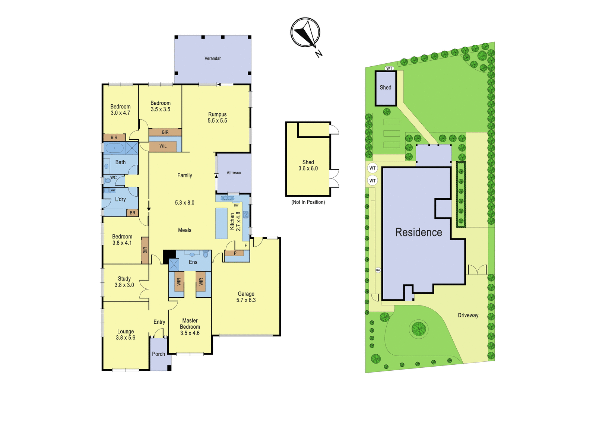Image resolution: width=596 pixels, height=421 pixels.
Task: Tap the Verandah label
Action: click(x=213, y=58)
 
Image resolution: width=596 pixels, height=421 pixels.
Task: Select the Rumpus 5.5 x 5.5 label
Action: click(x=218, y=117)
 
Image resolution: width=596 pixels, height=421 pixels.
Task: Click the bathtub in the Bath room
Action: click(x=114, y=148)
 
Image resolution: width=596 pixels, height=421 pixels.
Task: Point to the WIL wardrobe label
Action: click(x=163, y=146)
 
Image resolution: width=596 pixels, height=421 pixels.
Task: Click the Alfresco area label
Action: click(x=234, y=173)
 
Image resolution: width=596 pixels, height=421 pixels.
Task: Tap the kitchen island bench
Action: click(x=221, y=223)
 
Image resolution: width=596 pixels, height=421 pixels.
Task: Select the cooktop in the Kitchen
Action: click(x=246, y=215)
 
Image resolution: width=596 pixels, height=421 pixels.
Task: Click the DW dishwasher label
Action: click(x=236, y=205)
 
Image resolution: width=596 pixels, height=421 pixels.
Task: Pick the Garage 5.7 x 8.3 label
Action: click(x=246, y=297)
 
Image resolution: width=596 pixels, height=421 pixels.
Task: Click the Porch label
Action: click(x=159, y=354)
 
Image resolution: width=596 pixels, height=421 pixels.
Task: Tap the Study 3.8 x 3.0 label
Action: click(x=124, y=282)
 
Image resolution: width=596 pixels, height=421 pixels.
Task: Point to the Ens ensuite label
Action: click(x=193, y=262)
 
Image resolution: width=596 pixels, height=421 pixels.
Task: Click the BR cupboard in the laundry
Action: click(x=133, y=213)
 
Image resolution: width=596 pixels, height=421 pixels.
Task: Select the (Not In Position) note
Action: click(x=308, y=202)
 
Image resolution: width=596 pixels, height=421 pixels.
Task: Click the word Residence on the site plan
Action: click(x=419, y=232)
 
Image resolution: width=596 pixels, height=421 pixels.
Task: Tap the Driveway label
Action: click(x=468, y=315)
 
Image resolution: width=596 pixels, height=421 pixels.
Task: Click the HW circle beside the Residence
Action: click(x=378, y=270)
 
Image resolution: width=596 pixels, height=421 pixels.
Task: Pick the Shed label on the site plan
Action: click(x=386, y=88)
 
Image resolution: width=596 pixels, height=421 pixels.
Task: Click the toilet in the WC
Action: click(x=108, y=181)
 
